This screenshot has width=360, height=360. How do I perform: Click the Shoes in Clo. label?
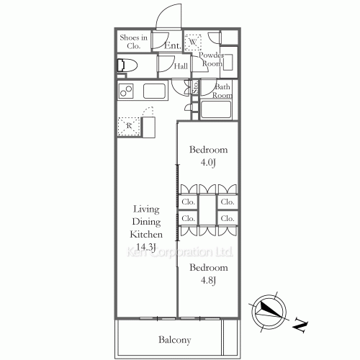[x=133, y=41]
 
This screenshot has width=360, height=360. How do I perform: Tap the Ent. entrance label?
[x=172, y=45]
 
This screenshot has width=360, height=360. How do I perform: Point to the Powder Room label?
[x=211, y=59]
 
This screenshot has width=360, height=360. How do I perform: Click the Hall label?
[x=181, y=66]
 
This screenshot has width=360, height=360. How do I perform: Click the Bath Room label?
[x=222, y=91]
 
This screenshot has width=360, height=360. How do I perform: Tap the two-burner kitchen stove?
[x=127, y=91]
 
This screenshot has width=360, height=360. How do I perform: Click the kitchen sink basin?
[x=156, y=91]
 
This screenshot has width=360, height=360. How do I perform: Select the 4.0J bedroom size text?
[x=209, y=163]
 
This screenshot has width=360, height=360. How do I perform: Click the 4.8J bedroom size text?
[x=209, y=280]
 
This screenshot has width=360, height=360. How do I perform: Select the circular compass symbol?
[x=267, y=310]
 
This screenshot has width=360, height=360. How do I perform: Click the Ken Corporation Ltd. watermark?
[x=180, y=253]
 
